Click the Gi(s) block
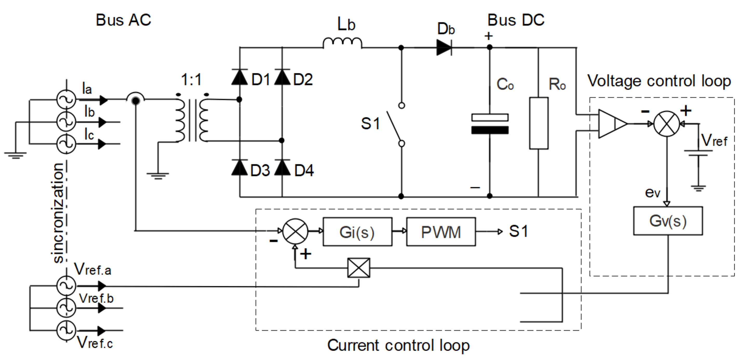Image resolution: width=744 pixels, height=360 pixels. [357, 232]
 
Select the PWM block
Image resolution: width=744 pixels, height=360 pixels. [441, 232]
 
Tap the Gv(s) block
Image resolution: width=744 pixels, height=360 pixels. [668, 221]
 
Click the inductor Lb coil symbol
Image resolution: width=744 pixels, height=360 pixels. [342, 43]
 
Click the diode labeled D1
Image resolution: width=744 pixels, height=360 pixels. [239, 77]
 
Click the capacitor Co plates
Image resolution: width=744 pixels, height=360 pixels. [490, 124]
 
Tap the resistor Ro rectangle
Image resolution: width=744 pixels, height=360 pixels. [539, 123]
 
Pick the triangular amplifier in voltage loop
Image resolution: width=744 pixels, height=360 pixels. [611, 124]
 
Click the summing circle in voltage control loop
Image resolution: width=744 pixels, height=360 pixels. [667, 124]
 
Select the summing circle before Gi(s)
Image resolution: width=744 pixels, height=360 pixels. [295, 231]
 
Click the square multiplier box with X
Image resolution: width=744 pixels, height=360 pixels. [359, 268]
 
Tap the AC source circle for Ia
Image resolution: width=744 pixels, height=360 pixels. [66, 100]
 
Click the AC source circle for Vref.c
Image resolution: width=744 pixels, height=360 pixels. [66, 330]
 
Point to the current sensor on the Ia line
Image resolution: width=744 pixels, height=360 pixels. [136, 100]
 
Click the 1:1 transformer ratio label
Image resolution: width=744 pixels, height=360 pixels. [191, 79]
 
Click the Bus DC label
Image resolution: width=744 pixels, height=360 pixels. [516, 20]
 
